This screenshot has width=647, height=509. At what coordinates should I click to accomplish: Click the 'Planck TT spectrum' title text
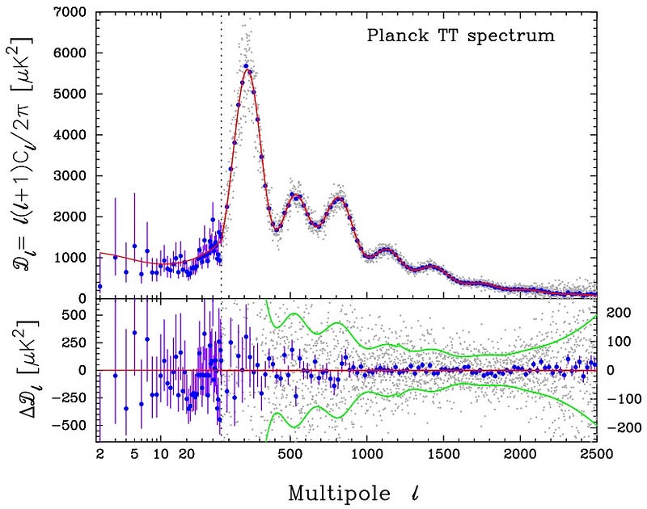pyautogui.click(x=460, y=36)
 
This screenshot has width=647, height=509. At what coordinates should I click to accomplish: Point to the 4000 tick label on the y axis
pyautogui.click(x=70, y=135)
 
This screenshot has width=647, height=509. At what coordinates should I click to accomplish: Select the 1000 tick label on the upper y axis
pyautogui.click(x=70, y=258)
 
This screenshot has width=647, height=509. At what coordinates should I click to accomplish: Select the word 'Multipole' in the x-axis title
pyautogui.click(x=334, y=490)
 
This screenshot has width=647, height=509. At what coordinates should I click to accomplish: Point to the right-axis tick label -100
pyautogui.click(x=616, y=399)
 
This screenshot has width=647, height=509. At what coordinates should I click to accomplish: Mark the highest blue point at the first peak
pyautogui.click(x=245, y=66)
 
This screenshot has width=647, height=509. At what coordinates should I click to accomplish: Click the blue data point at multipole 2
pyautogui.click(x=99, y=286)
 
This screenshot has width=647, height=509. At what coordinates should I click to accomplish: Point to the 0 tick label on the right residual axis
pyautogui.click(x=612, y=370)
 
